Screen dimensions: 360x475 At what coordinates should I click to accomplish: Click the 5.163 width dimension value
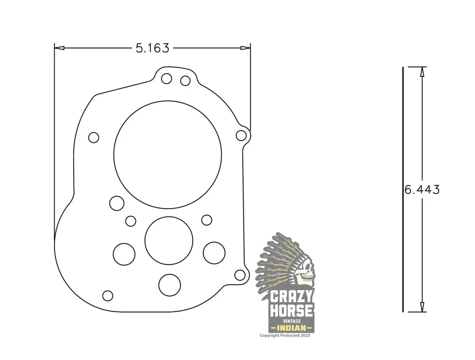pyautogui.click(x=152, y=48)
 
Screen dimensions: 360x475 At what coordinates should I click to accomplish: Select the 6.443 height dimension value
pyautogui.click(x=422, y=189)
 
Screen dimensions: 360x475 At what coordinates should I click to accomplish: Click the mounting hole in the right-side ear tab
pyautogui.click(x=241, y=136)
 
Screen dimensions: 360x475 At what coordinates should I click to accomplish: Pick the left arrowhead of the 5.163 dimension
pyautogui.click(x=59, y=47)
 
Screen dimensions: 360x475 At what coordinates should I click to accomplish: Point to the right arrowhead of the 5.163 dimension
pyautogui.click(x=246, y=47)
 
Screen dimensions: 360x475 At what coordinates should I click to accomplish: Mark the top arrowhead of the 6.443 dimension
pyautogui.click(x=422, y=71)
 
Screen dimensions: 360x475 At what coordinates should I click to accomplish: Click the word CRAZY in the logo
pyautogui.click(x=292, y=297)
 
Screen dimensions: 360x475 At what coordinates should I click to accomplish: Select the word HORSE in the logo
pyautogui.click(x=292, y=312)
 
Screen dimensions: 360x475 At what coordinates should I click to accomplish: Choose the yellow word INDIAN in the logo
pyautogui.click(x=291, y=328)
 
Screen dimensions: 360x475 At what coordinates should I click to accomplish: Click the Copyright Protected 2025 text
pyautogui.click(x=285, y=335)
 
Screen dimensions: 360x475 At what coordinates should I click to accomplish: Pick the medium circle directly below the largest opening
pyautogui.click(x=169, y=241)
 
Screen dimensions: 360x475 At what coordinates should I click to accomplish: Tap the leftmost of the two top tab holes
pyautogui.click(x=166, y=79)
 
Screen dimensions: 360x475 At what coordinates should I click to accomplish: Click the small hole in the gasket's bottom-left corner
pyautogui.click(x=108, y=295)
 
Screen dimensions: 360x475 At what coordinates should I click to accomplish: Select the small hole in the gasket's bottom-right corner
pyautogui.click(x=240, y=275)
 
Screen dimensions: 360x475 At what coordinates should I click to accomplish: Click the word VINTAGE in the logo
pyautogui.click(x=292, y=321)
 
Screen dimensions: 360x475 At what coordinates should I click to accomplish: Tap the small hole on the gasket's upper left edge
pyautogui.click(x=94, y=138)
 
